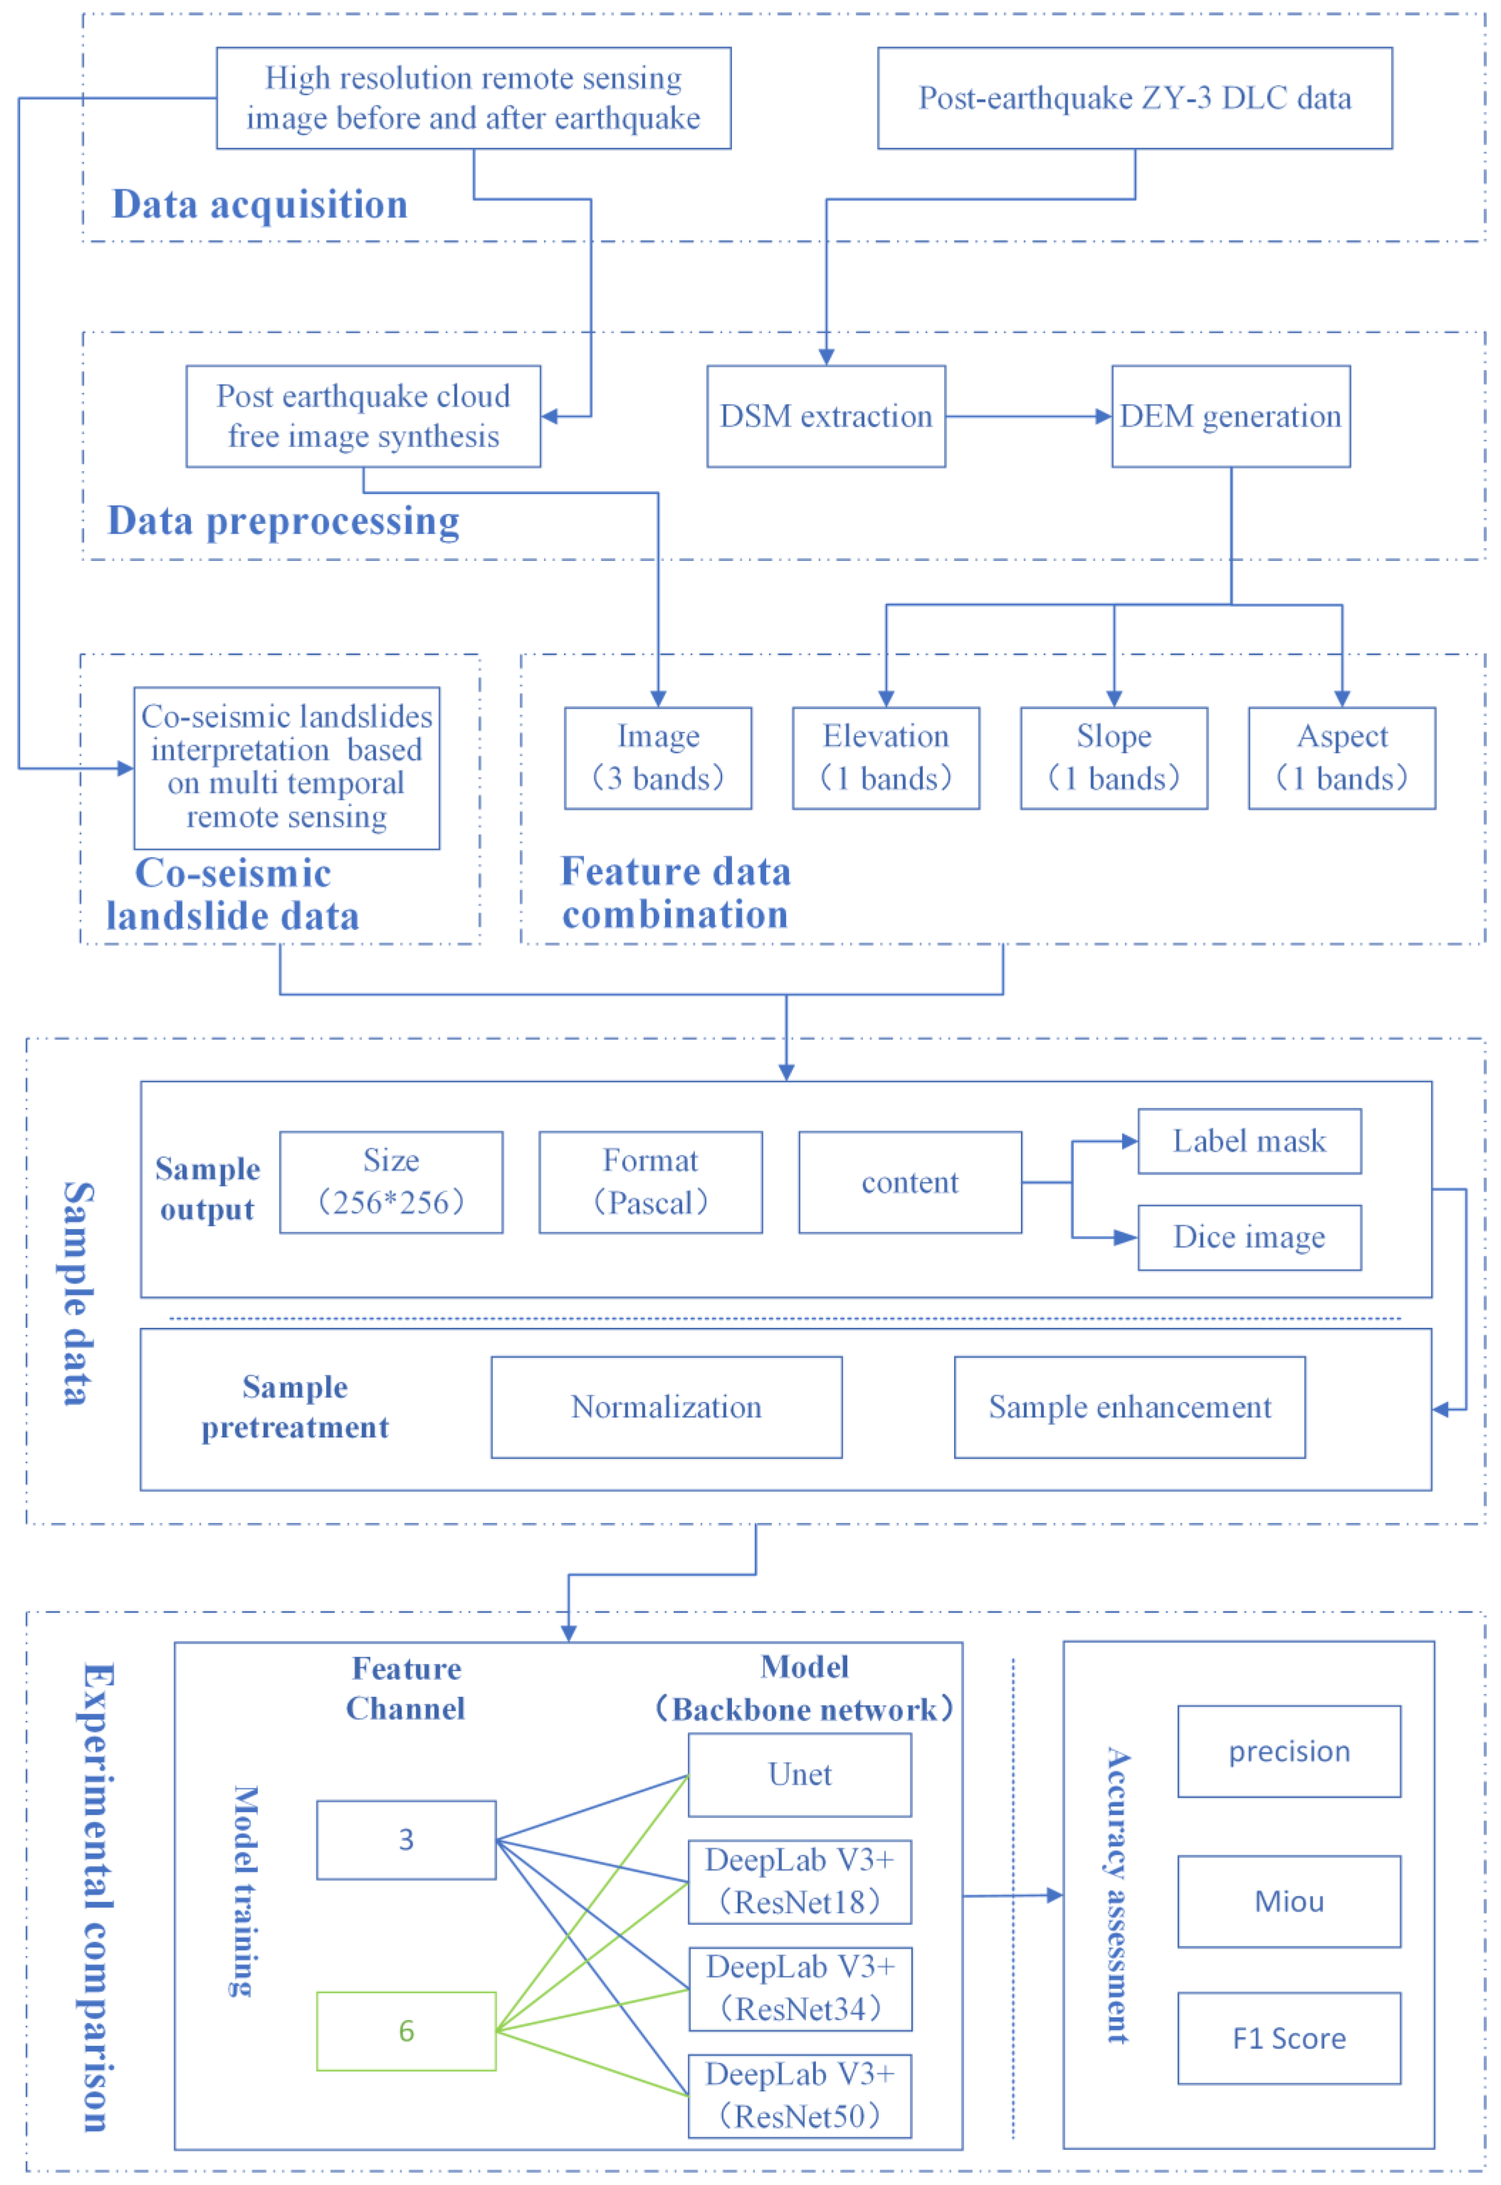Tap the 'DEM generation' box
click(1230, 416)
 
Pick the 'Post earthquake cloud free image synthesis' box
click(363, 416)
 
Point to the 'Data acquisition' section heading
click(259, 204)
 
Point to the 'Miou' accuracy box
click(1288, 1901)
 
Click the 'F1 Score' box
click(1288, 2037)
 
